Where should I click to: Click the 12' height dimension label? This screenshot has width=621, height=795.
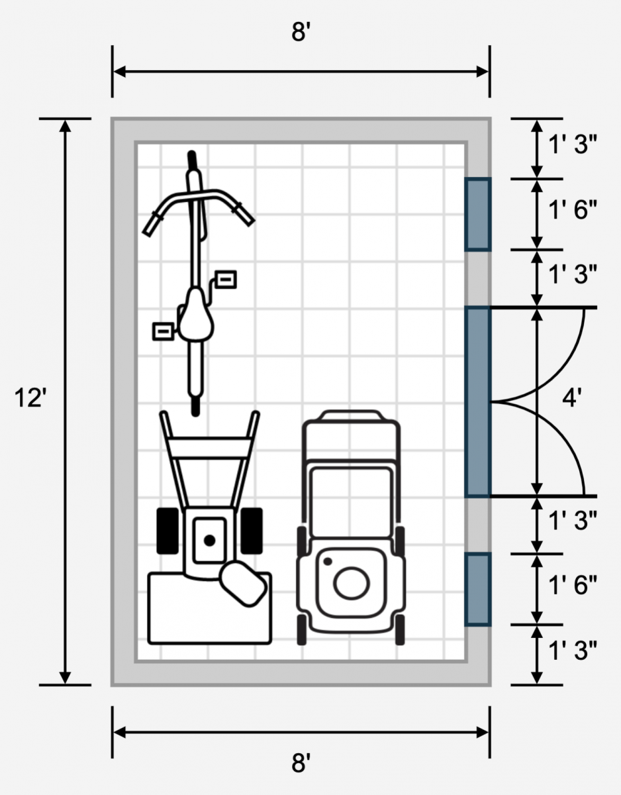[x=30, y=398]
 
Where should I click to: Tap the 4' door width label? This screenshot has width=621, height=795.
[x=572, y=397]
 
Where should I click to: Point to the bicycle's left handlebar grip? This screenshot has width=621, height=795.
[x=151, y=225]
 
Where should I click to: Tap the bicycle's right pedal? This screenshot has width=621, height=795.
[x=226, y=280]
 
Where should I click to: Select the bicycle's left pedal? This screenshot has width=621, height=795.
[x=163, y=331]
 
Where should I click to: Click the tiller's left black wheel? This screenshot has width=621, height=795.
[x=167, y=531]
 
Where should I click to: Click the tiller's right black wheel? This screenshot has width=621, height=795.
[x=252, y=531]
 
